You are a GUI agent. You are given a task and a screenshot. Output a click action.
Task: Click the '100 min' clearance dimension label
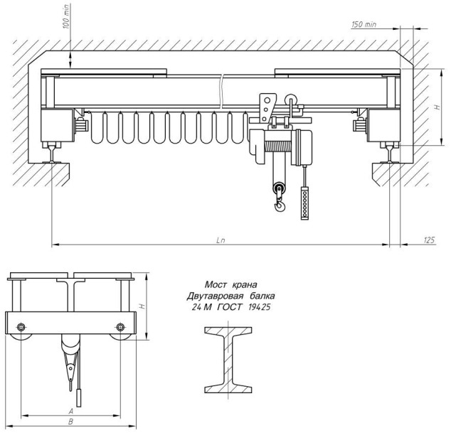pyautogui.click(x=66, y=16)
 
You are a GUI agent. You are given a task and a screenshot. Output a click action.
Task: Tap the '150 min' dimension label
pyautogui.click(x=364, y=24)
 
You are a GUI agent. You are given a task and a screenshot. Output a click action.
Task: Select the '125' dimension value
pyautogui.click(x=429, y=240)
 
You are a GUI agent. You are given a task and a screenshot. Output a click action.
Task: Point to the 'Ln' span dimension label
pyautogui.click(x=221, y=240)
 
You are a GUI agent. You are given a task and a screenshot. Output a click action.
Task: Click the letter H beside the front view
pyautogui.click(x=437, y=107)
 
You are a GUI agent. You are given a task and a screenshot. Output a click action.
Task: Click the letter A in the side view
pyautogui.click(x=70, y=412)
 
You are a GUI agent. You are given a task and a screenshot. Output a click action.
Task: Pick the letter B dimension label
pyautogui.click(x=70, y=422)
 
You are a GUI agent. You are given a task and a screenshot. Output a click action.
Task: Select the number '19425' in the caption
pyautogui.click(x=259, y=307)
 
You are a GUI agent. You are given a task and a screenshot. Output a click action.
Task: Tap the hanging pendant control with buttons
pyautogui.click(x=304, y=203)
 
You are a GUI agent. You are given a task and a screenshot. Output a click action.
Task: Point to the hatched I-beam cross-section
pyautogui.click(x=228, y=360)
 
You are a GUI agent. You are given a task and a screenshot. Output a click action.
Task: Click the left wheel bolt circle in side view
pyautogui.click(x=21, y=327)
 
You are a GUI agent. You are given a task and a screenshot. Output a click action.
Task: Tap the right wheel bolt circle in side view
pyautogui.click(x=120, y=327)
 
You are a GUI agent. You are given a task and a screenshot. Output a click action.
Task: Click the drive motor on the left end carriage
pyautogui.click(x=81, y=125)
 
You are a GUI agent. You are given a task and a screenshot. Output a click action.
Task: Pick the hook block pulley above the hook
pyautogui.click(x=279, y=189)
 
